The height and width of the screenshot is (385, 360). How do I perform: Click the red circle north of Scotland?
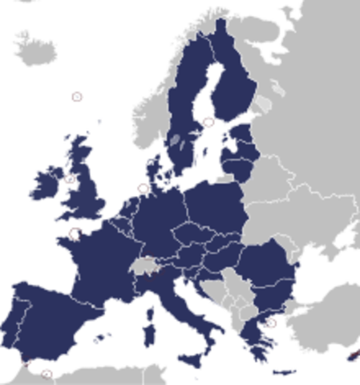[x=77, y=97]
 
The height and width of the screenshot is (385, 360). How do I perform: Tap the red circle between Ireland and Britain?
[x=70, y=180]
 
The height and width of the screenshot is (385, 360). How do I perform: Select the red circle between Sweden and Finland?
[x=209, y=122]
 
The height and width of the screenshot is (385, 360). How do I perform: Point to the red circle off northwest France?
[x=75, y=234]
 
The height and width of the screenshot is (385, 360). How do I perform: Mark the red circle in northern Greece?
[x=273, y=324]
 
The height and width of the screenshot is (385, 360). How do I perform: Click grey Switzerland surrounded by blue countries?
[x=146, y=265]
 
